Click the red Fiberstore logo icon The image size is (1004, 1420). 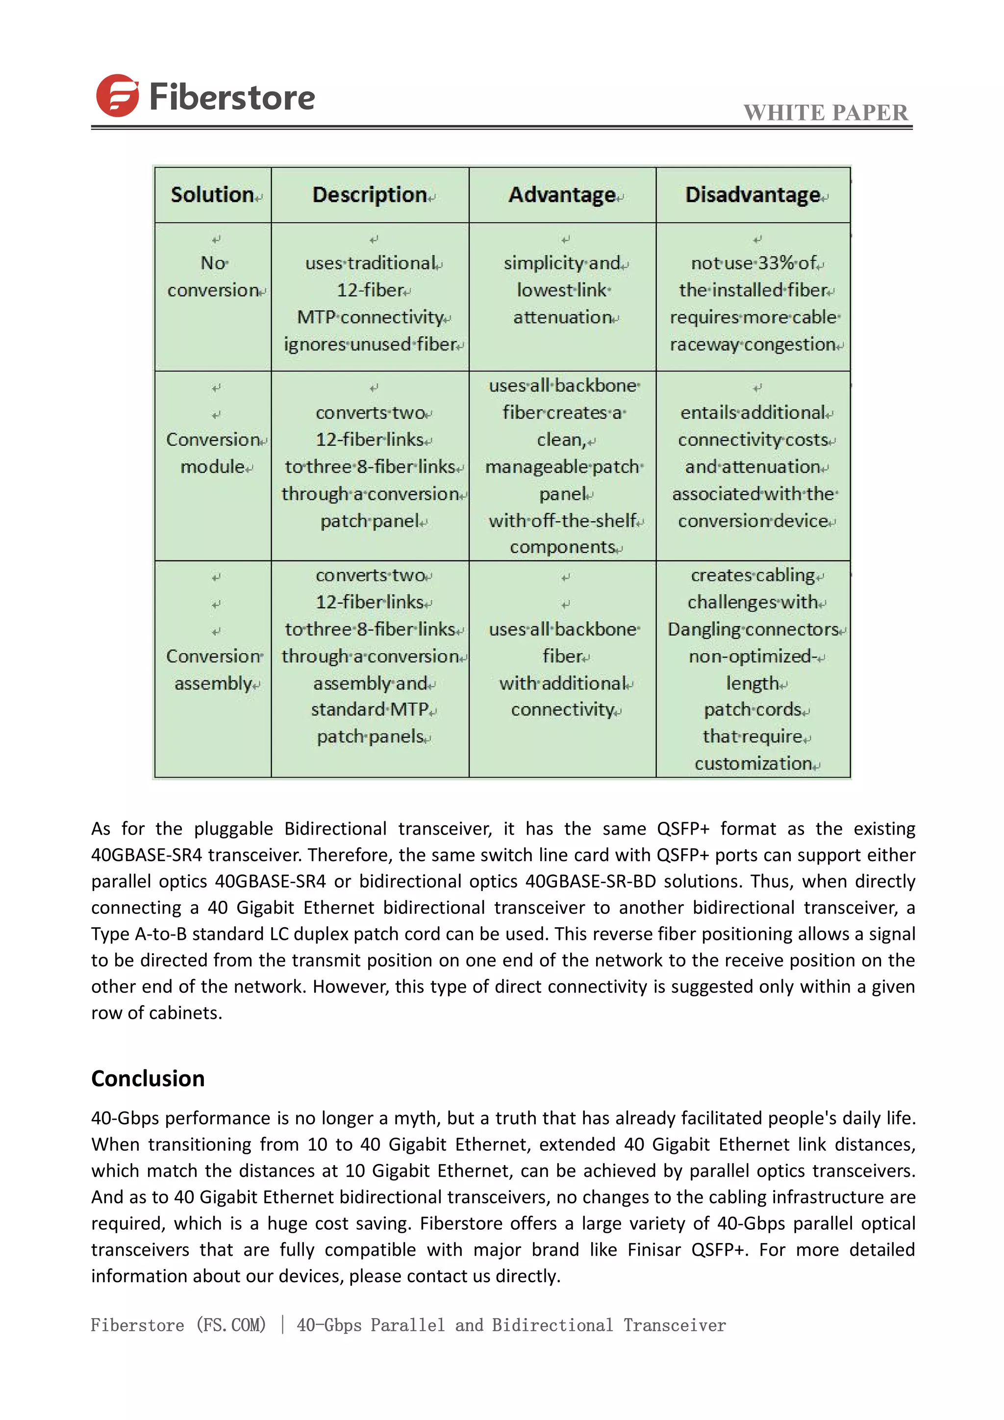(117, 96)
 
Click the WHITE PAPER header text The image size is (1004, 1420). (826, 113)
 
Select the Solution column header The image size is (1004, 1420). (212, 195)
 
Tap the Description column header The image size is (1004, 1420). (369, 195)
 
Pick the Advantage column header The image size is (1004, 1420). (561, 195)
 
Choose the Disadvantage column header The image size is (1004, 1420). (753, 195)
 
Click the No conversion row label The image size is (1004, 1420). (213, 277)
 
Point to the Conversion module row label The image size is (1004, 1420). (213, 453)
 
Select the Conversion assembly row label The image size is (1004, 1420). (213, 669)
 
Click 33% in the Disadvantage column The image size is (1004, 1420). (776, 263)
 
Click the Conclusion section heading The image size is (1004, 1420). (148, 1078)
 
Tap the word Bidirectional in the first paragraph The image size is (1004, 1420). (335, 828)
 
